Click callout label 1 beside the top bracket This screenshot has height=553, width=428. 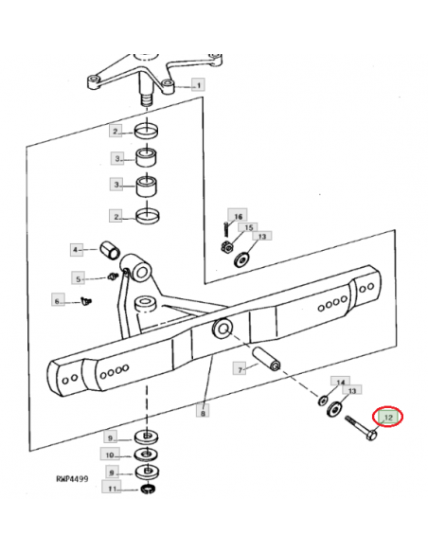199,85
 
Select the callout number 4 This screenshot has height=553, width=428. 77,249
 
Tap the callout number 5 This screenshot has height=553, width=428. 80,278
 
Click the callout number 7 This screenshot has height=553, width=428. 241,367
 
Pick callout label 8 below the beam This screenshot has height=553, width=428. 203,412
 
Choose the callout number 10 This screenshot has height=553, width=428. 111,455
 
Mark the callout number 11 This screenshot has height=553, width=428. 111,489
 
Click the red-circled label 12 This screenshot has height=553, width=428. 388,416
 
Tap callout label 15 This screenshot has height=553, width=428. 249,228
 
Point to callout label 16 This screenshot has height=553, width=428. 239,216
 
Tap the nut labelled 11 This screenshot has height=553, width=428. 147,490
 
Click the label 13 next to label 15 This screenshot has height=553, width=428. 262,236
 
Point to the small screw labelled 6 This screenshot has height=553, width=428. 86,301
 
